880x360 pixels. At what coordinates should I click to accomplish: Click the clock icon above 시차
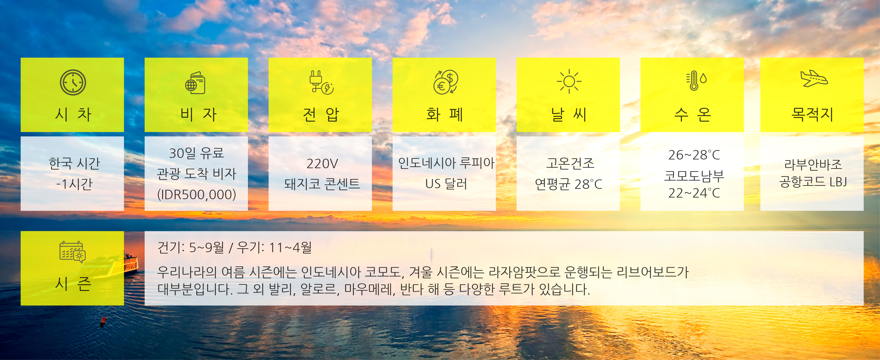(73, 82)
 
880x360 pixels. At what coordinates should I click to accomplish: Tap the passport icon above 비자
(195, 83)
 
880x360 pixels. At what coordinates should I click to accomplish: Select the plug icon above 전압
(321, 82)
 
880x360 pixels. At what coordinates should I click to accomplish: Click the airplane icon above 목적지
(814, 78)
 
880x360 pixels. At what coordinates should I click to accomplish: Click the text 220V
(322, 164)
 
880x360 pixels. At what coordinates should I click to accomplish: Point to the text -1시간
(74, 184)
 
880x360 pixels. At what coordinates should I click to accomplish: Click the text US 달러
(446, 184)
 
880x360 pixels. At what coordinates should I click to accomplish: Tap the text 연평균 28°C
(568, 184)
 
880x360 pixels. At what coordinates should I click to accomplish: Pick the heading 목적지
(812, 114)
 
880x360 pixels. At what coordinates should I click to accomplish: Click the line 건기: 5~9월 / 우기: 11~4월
(234, 247)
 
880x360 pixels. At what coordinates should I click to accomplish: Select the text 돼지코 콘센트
(322, 184)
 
